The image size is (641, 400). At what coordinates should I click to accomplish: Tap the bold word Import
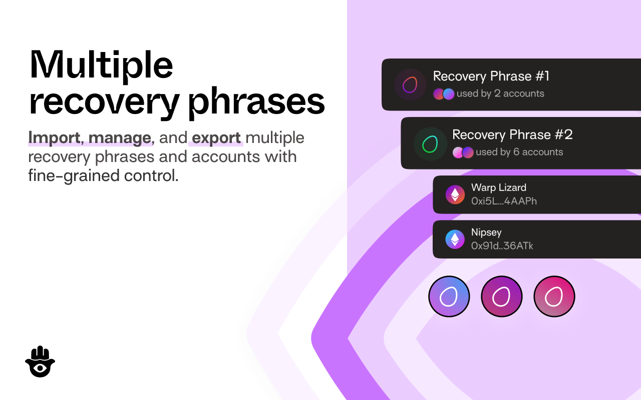(54, 137)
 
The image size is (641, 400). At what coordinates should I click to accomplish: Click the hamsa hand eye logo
(40, 361)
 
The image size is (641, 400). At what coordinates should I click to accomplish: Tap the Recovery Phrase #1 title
(491, 76)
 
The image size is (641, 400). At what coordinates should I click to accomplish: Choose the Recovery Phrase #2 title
(512, 134)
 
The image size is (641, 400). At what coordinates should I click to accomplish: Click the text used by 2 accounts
(500, 93)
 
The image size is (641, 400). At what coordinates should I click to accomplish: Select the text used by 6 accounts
(519, 151)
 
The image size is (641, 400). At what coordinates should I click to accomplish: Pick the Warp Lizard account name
(499, 187)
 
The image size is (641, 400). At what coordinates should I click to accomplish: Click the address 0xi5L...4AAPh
(504, 201)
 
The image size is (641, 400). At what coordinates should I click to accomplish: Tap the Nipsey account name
(486, 232)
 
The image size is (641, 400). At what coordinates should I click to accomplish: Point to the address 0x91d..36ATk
(502, 245)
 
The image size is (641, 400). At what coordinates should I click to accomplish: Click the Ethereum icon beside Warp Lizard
(455, 195)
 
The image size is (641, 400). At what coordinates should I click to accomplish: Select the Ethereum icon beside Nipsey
(455, 239)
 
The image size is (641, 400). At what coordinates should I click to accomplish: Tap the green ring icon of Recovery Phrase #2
(430, 144)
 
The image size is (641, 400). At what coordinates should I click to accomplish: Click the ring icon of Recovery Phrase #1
(410, 84)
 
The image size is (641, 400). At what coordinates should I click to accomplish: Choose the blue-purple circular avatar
(449, 296)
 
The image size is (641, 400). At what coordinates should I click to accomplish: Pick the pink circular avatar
(554, 296)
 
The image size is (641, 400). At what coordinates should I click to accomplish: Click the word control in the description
(151, 175)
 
